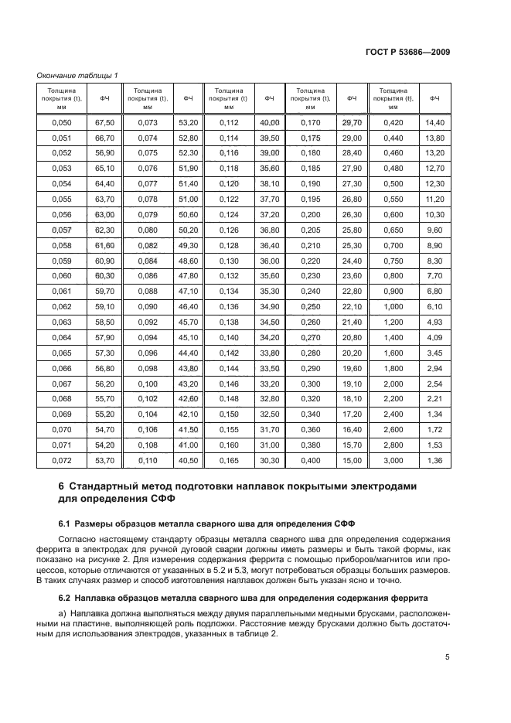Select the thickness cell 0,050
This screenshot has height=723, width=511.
60,122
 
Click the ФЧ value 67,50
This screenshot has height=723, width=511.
104,122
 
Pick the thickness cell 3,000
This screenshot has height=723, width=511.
393,462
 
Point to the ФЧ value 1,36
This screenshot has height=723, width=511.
434,462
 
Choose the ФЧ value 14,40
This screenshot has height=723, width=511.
434,122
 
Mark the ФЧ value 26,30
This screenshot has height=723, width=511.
352,214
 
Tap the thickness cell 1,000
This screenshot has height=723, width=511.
393,307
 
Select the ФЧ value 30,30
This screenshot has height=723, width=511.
269,462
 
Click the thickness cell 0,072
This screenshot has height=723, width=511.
60,462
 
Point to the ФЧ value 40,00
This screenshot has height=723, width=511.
269,122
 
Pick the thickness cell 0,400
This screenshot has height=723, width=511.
311,462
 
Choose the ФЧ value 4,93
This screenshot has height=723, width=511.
434,322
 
